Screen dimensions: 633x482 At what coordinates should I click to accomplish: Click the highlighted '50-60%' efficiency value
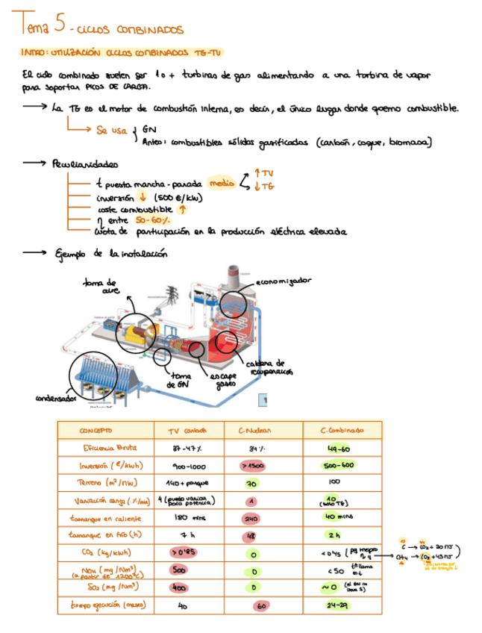coord(152,219)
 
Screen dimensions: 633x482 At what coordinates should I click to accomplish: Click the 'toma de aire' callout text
coord(104,287)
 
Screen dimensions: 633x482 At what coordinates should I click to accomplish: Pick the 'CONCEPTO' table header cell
coord(96,431)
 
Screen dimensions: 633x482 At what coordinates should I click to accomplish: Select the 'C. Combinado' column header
coord(341,431)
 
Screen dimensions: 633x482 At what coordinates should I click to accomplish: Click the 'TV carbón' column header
coord(186,431)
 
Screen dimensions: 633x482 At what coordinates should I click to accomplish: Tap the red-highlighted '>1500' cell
coord(254,465)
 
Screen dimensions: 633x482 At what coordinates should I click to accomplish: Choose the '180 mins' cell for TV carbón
coord(184,517)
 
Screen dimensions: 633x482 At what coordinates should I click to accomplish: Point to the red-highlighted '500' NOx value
coord(179,570)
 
